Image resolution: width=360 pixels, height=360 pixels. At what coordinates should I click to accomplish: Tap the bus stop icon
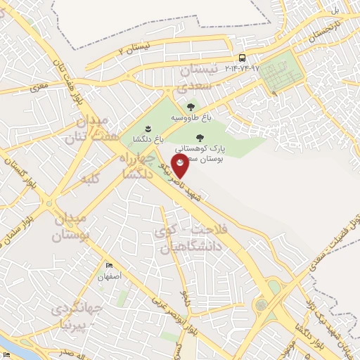242,58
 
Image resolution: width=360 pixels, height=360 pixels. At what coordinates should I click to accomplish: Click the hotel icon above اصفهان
109,265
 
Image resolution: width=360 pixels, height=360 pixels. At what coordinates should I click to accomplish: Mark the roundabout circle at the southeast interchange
262,304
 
